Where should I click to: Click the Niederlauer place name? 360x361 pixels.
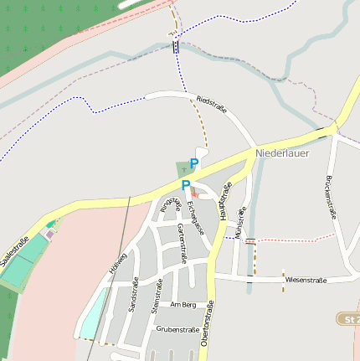coord(282,154)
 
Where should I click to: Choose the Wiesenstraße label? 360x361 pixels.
coord(306,279)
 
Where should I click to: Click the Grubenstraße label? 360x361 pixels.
coord(177,330)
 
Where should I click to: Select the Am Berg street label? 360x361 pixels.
coord(183,304)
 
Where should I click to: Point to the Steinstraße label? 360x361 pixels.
coord(155,297)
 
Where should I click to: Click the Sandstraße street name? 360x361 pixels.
coord(133,297)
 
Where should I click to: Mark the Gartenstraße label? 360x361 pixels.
coord(181,244)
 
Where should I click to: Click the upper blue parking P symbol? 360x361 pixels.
coord(194,163)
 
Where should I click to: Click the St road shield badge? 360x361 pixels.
coord(348,319)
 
